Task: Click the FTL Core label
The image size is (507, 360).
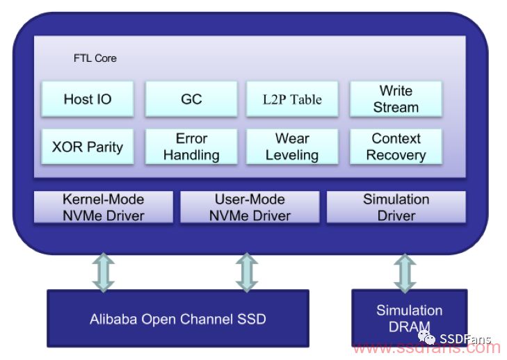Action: (x=95, y=58)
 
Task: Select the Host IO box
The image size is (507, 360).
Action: (x=88, y=99)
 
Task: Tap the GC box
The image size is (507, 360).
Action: (x=191, y=99)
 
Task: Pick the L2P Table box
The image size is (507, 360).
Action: (x=292, y=99)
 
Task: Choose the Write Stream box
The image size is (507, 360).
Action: (x=396, y=99)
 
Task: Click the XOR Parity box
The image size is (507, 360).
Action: (x=88, y=147)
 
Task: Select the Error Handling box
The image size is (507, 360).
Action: (x=191, y=147)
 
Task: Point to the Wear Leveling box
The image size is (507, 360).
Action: (x=292, y=147)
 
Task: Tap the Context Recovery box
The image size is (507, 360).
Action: (x=396, y=147)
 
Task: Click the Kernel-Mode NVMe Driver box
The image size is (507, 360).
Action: (x=104, y=207)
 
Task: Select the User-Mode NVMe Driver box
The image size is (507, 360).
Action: (x=250, y=207)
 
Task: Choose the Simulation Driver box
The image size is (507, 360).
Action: (x=396, y=207)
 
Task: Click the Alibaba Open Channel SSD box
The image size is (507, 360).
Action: (x=178, y=318)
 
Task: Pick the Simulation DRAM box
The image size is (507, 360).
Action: (x=410, y=318)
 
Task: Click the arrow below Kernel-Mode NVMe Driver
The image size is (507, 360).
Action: (x=104, y=272)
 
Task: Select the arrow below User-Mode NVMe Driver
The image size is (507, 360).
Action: (x=247, y=272)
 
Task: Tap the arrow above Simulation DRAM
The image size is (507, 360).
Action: (x=405, y=273)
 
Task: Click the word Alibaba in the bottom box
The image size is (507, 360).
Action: (x=113, y=319)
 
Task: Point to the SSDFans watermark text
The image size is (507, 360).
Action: (x=465, y=338)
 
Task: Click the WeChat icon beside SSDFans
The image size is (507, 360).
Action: (x=426, y=337)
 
